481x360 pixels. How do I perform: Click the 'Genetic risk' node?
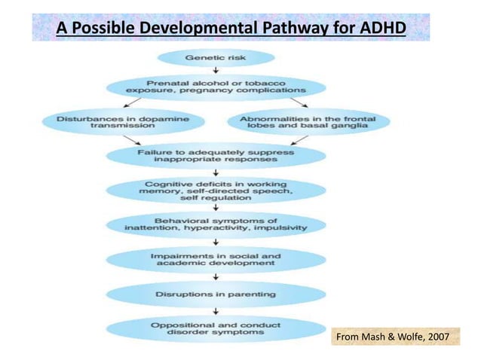[216, 58]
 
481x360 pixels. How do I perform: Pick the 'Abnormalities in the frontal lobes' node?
[308, 123]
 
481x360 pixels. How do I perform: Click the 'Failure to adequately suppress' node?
[216, 155]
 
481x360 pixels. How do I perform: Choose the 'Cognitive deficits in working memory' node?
[216, 191]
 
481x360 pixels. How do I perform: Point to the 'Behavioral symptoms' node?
[216, 224]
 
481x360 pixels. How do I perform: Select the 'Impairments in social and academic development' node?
[216, 260]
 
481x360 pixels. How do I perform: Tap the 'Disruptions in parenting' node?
[216, 294]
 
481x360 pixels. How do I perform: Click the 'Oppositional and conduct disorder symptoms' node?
[216, 329]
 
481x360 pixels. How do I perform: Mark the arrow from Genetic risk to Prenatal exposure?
[216, 72]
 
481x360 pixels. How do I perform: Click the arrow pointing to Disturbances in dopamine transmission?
[135, 103]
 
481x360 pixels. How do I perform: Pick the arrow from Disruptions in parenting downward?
[216, 311]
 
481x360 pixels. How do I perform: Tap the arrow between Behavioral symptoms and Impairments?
[216, 242]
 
